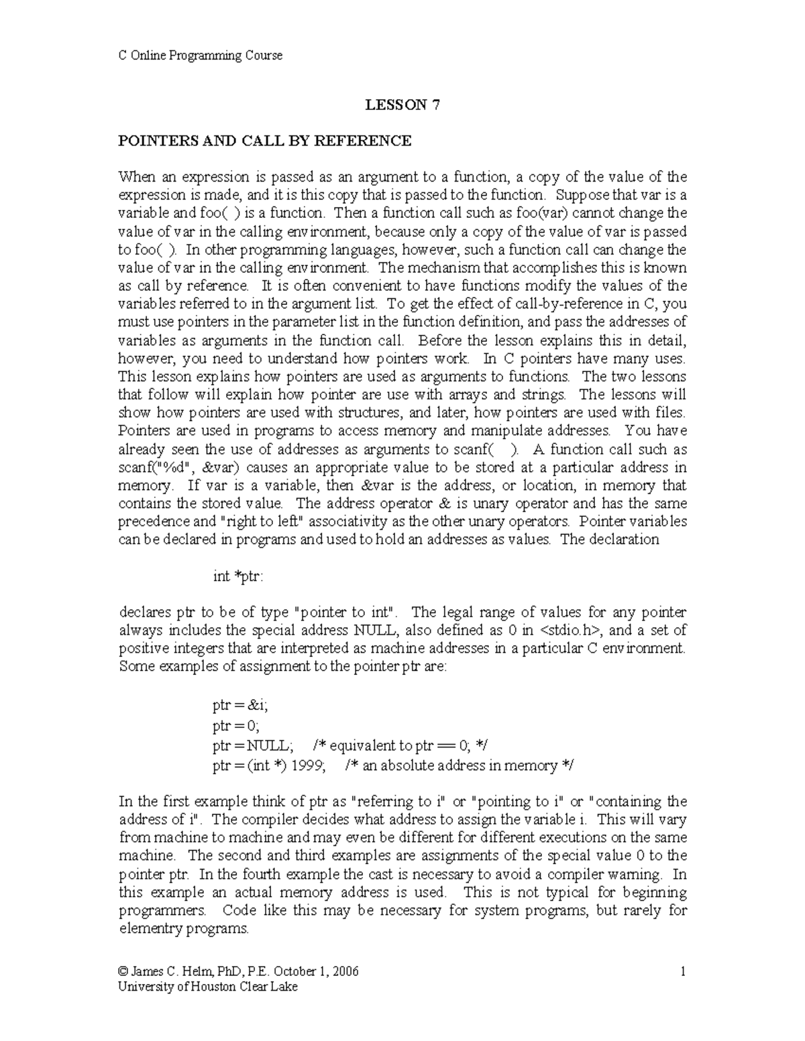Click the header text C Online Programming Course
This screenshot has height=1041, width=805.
pos(200,56)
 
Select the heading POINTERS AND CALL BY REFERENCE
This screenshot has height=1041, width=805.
pos(264,141)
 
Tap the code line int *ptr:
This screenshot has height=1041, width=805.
pos(238,576)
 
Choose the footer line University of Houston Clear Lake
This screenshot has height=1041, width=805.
pos(207,987)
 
